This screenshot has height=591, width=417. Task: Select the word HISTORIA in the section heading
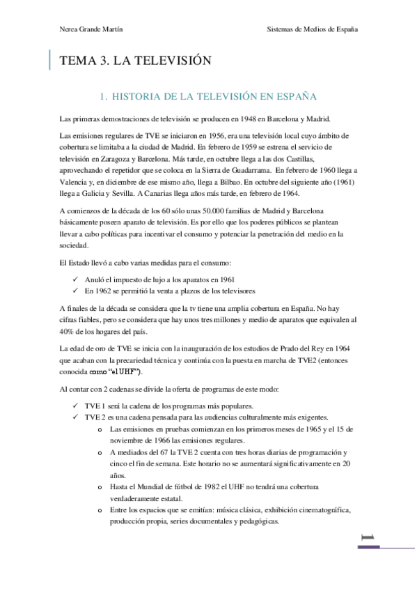coord(136,94)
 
